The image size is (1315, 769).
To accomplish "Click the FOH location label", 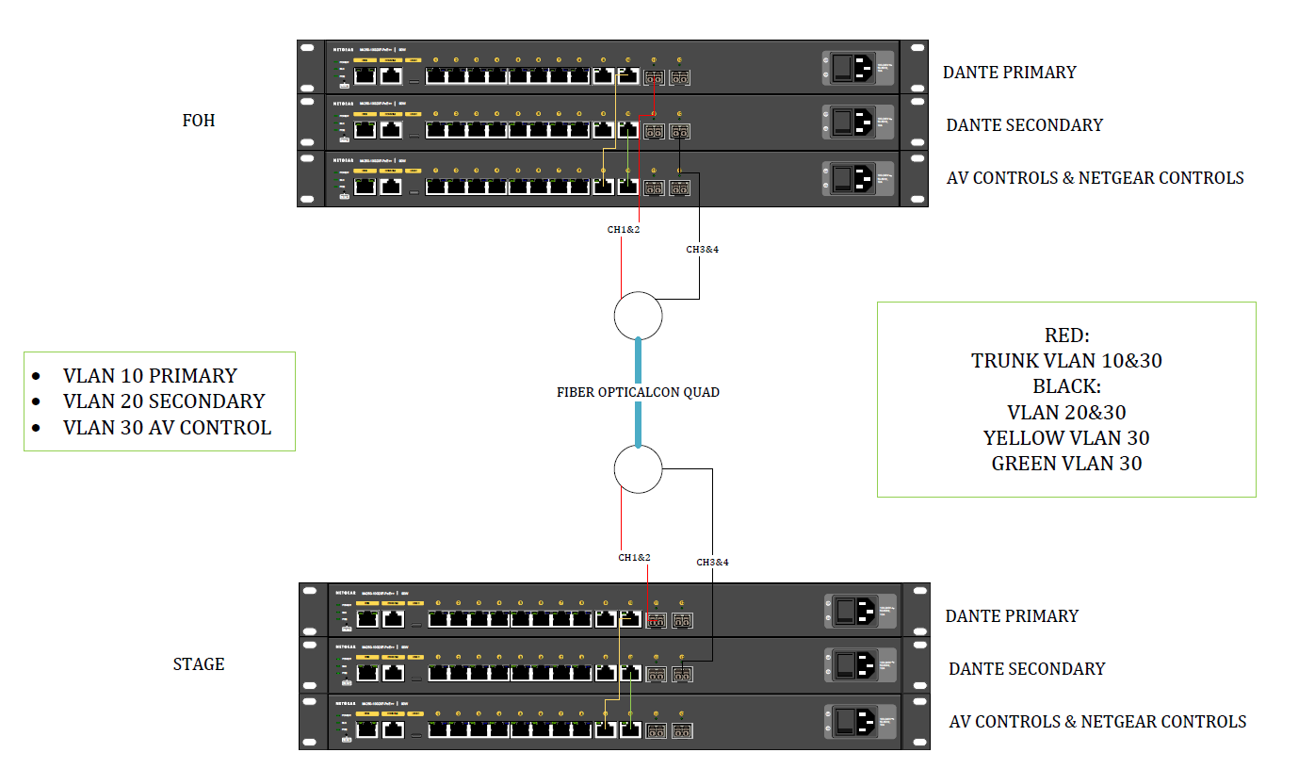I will [198, 121].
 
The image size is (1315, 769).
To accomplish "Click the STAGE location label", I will [199, 664].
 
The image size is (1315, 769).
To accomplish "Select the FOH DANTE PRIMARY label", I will [1009, 73].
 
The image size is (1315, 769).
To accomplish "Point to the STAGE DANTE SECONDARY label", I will [1026, 669].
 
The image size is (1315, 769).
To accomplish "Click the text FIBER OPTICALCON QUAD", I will [638, 392].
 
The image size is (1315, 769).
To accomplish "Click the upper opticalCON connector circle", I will [638, 315].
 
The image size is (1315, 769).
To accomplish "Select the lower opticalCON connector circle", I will [638, 468].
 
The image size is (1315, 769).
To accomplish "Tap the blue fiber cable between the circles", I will [638, 391].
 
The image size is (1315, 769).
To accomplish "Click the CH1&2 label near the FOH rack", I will [623, 229].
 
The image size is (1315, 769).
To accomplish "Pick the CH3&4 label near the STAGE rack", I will [712, 563].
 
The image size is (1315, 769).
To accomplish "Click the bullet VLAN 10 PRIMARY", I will [150, 375].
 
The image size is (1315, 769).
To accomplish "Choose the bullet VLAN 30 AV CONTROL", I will [167, 428].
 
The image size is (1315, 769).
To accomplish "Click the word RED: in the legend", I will [1066, 335].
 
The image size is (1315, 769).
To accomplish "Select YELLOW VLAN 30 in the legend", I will [1066, 438].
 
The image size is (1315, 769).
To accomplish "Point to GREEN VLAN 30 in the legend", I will [1066, 464].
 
